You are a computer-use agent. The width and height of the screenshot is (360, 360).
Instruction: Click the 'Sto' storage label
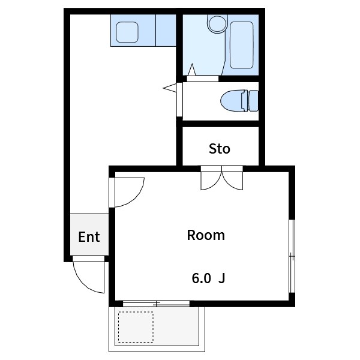click(x=219, y=148)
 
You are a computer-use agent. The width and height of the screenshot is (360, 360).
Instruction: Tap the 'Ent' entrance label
click(x=89, y=236)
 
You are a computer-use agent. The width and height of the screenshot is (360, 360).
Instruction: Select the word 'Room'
click(x=206, y=235)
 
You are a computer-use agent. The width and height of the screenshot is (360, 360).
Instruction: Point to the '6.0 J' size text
click(x=208, y=278)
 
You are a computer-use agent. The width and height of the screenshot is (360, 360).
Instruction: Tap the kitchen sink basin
click(x=127, y=32)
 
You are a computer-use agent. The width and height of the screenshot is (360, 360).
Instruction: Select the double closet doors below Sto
click(x=222, y=180)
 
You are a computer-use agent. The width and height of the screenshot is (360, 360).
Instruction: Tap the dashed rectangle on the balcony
click(x=136, y=326)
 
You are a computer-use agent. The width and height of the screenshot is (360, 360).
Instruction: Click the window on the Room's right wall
click(x=292, y=256)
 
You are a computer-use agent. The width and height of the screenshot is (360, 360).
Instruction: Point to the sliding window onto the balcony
click(x=156, y=303)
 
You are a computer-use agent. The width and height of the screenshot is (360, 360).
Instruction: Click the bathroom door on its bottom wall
click(x=202, y=78)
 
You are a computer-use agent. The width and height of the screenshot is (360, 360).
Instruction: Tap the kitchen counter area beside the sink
click(x=165, y=31)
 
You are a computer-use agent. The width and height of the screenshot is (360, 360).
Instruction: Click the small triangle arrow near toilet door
click(x=169, y=88)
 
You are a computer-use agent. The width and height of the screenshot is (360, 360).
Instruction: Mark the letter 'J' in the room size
click(x=221, y=278)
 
